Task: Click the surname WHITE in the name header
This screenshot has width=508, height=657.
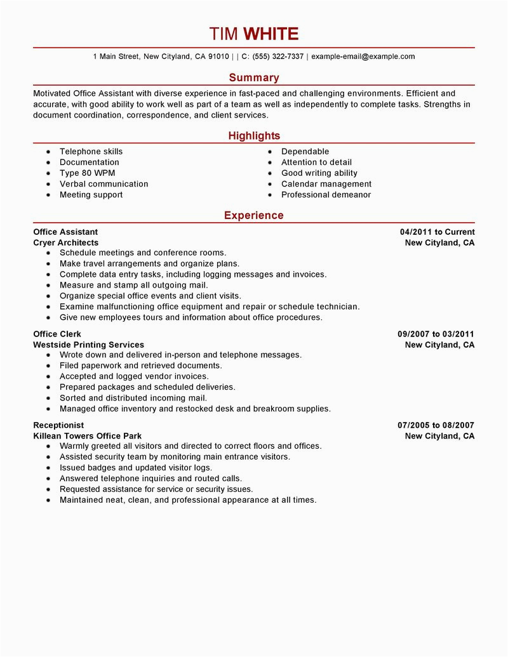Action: coord(271,34)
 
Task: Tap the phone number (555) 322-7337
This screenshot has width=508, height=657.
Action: coord(277,56)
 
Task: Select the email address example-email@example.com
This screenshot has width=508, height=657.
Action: coord(363,56)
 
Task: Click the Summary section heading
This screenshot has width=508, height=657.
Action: coord(254,77)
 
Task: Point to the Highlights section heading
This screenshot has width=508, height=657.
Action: coord(254,136)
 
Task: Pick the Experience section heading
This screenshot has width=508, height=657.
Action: coord(254,216)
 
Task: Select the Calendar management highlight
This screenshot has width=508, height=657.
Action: coord(326,184)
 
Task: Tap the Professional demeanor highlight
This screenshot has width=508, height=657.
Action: coord(326,195)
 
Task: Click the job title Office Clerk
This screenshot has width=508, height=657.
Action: coord(57,334)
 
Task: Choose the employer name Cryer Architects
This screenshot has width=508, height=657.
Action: coord(66,242)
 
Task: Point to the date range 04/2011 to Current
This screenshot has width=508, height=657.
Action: coord(437,232)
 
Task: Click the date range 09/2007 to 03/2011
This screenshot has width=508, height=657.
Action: coord(436,334)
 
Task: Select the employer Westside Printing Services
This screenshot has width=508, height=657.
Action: coord(88,345)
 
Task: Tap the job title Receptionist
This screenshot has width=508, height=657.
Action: coord(58,425)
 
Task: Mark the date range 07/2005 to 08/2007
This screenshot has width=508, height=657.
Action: coord(436,425)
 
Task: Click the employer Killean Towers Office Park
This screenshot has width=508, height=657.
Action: coord(95,436)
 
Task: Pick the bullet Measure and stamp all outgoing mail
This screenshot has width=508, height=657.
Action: coord(133,285)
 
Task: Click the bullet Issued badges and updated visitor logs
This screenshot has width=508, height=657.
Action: coord(136,468)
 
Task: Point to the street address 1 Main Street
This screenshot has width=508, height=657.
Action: coord(116,56)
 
